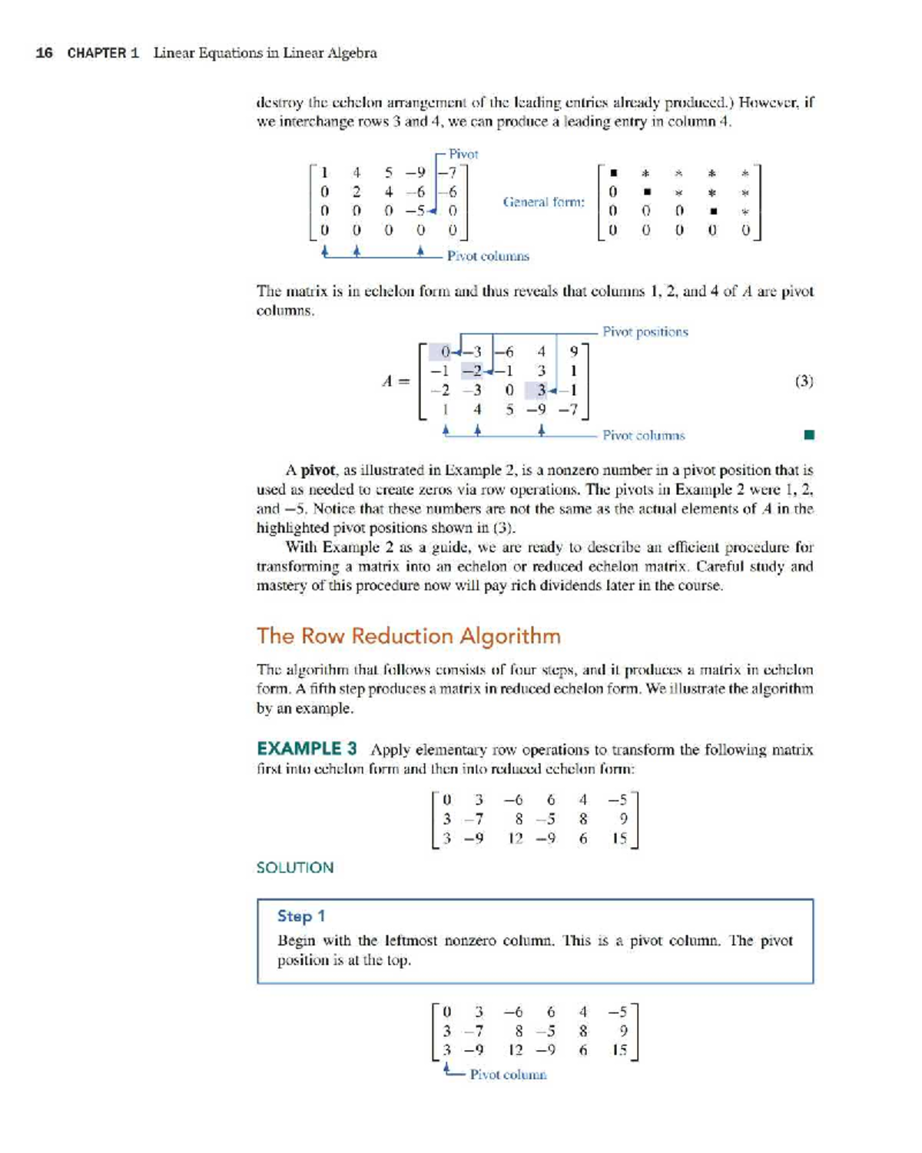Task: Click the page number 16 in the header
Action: [45, 53]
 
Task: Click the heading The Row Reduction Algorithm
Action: [408, 636]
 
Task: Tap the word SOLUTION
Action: [294, 867]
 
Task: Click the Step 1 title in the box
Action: [301, 915]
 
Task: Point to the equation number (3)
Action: [804, 380]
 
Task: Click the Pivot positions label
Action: [645, 331]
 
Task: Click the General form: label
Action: [543, 202]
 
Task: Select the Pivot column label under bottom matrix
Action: [508, 1075]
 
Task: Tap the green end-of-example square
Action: [808, 435]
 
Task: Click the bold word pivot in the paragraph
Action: [317, 470]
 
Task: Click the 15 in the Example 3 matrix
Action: [619, 839]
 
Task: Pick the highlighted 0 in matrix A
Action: [445, 352]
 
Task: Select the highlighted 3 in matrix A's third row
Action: [541, 390]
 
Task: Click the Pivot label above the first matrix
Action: [463, 154]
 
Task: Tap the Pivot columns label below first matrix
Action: [488, 256]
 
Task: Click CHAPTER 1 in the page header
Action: [103, 53]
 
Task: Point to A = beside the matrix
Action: [396, 380]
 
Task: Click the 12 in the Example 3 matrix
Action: [515, 839]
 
